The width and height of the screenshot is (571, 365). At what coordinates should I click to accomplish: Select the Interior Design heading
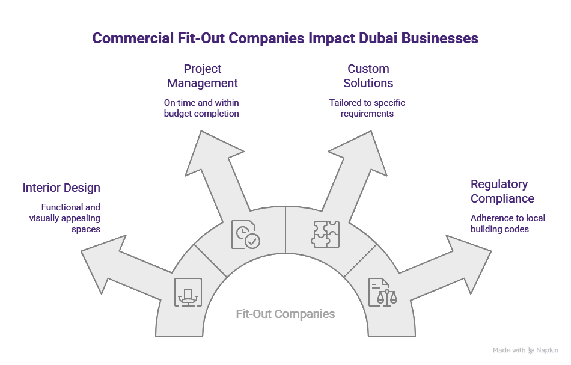[x=61, y=188]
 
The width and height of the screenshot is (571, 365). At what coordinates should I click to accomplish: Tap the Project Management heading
[x=203, y=76]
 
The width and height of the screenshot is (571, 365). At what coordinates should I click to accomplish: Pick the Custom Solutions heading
[x=368, y=76]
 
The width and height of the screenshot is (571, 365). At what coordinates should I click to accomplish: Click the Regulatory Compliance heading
[x=502, y=191]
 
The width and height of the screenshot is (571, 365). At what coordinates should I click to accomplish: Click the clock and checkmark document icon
[x=245, y=235]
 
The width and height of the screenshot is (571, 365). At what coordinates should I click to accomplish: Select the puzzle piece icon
[x=325, y=235]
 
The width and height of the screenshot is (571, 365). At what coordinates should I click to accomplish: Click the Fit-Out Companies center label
[x=285, y=314]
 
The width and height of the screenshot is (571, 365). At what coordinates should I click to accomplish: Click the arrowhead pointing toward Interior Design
[x=102, y=259]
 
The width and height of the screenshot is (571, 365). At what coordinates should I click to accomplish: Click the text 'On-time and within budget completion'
[x=201, y=108]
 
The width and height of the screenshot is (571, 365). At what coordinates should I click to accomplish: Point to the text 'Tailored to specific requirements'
[x=367, y=108]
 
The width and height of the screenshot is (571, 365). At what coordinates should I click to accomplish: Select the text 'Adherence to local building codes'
[x=508, y=223]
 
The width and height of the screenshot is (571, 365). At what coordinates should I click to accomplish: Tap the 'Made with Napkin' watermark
[x=525, y=350]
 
